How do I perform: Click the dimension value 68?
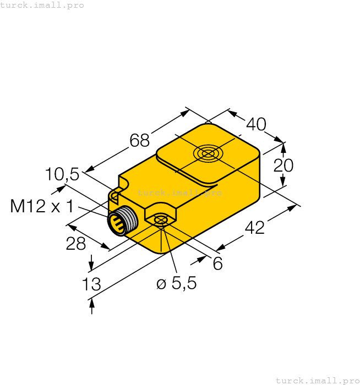click(x=139, y=141)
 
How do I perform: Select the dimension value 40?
click(x=255, y=125)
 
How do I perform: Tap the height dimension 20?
click(x=283, y=165)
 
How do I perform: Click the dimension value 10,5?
click(x=62, y=174)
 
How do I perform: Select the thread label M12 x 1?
click(x=42, y=207)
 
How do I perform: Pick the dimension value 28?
click(x=76, y=244)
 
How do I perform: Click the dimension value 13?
click(x=91, y=284)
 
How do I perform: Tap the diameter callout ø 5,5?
click(x=176, y=284)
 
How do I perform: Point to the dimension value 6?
click(x=217, y=265)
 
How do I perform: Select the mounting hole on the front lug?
click(x=161, y=220)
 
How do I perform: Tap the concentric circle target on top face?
click(x=208, y=153)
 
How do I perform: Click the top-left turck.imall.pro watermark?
click(x=42, y=5)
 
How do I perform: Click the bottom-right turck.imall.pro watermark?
click(x=317, y=380)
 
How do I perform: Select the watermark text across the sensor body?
click(x=179, y=193)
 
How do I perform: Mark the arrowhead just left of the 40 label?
click(x=233, y=114)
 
